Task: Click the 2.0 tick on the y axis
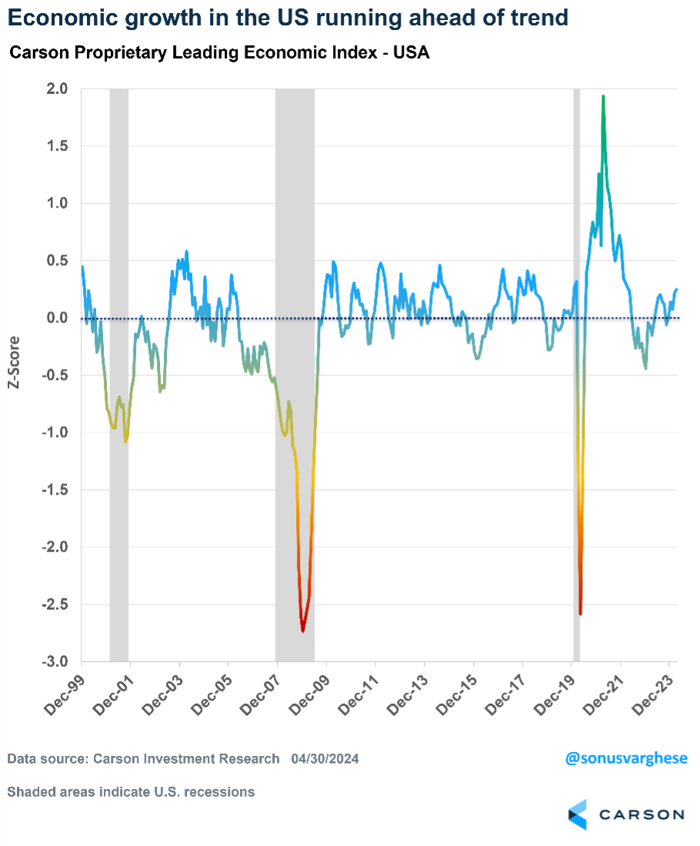58,89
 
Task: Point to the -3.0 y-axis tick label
55,662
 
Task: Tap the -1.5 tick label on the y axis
55,490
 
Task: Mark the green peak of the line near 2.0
603,97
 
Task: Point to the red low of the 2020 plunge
580,613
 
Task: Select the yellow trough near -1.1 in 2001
125,441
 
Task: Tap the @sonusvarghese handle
626,759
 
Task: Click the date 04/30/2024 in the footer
325,759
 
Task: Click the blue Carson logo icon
578,814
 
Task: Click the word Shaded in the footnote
28,791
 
